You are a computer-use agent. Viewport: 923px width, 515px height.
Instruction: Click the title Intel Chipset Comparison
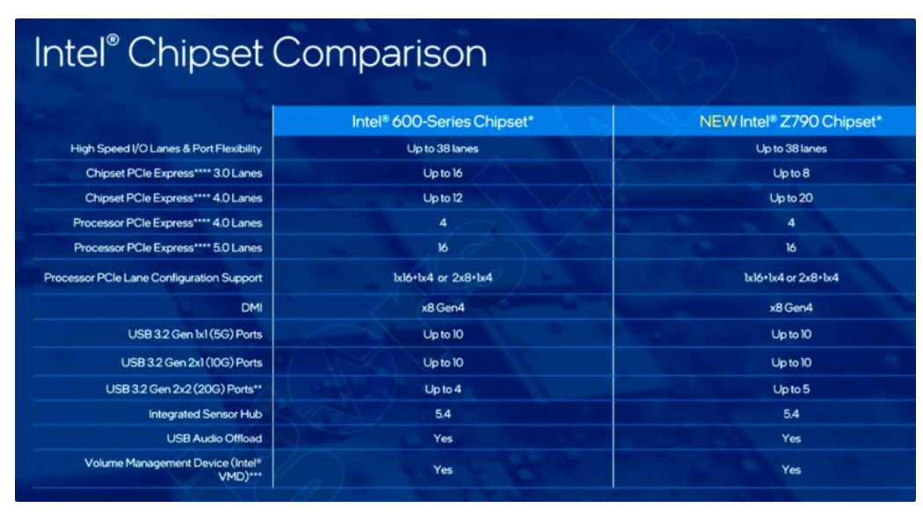coord(261,53)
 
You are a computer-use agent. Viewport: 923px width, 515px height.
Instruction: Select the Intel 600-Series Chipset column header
coord(443,121)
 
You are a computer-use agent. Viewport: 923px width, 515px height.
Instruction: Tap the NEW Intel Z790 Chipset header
coord(790,121)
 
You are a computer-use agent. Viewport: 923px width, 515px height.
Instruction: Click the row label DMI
coord(251,308)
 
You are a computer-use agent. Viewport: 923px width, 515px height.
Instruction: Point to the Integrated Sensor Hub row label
coord(206,414)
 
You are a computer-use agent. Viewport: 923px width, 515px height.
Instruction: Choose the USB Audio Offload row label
coord(214,439)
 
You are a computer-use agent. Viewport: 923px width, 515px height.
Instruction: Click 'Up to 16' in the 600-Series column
coord(443,173)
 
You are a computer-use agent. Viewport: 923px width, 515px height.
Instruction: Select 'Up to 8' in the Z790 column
coord(791,173)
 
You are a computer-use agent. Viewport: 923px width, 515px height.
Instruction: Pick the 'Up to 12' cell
coord(443,199)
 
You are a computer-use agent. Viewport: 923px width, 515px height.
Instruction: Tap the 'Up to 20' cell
coord(791,199)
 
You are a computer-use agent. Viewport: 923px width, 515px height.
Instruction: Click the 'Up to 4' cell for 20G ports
coord(443,389)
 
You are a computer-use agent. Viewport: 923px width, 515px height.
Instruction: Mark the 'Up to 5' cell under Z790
coord(791,389)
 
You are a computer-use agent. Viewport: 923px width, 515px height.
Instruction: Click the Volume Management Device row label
coord(173,469)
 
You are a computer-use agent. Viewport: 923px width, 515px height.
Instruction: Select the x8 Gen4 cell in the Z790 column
coord(791,308)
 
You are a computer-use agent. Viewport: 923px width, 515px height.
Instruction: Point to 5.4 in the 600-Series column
coord(443,414)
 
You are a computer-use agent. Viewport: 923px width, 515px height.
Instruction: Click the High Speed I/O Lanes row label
coord(166,149)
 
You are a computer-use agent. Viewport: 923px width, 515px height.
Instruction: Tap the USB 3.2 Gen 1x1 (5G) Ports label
coord(195,334)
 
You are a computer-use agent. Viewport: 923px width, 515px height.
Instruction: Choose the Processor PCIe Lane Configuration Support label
coord(153,278)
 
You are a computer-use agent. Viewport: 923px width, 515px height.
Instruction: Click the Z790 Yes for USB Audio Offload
coord(791,439)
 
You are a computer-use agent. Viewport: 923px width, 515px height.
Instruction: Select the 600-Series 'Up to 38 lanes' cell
coord(443,149)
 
